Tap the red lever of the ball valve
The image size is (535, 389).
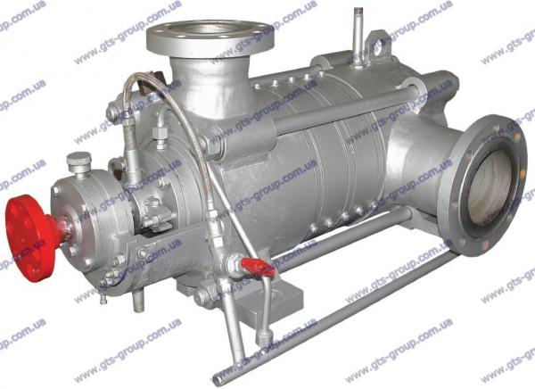[258, 265]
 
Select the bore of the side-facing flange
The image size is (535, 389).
[490, 187]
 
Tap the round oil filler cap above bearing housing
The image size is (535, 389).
[79, 162]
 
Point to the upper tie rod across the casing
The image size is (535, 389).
[344, 109]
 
